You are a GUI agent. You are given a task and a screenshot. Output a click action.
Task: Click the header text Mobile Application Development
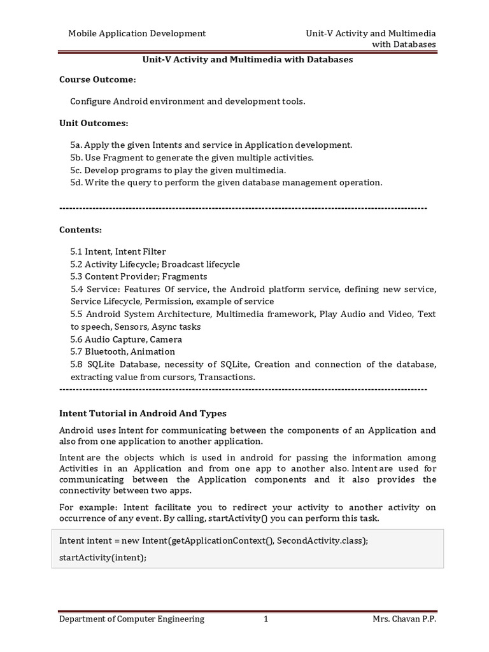click(137, 33)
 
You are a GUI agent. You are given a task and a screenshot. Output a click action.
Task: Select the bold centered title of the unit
click(246, 59)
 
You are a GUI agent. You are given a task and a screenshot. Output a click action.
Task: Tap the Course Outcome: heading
click(97, 80)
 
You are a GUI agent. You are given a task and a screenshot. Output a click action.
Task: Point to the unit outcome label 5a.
click(76, 145)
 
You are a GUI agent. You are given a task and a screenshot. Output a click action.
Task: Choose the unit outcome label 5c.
click(76, 170)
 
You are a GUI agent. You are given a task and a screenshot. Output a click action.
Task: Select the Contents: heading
click(80, 229)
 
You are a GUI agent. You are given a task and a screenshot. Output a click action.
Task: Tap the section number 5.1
click(77, 252)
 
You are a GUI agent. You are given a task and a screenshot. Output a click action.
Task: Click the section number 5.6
click(77, 339)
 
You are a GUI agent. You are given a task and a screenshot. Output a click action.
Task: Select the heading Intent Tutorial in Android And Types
click(143, 413)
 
